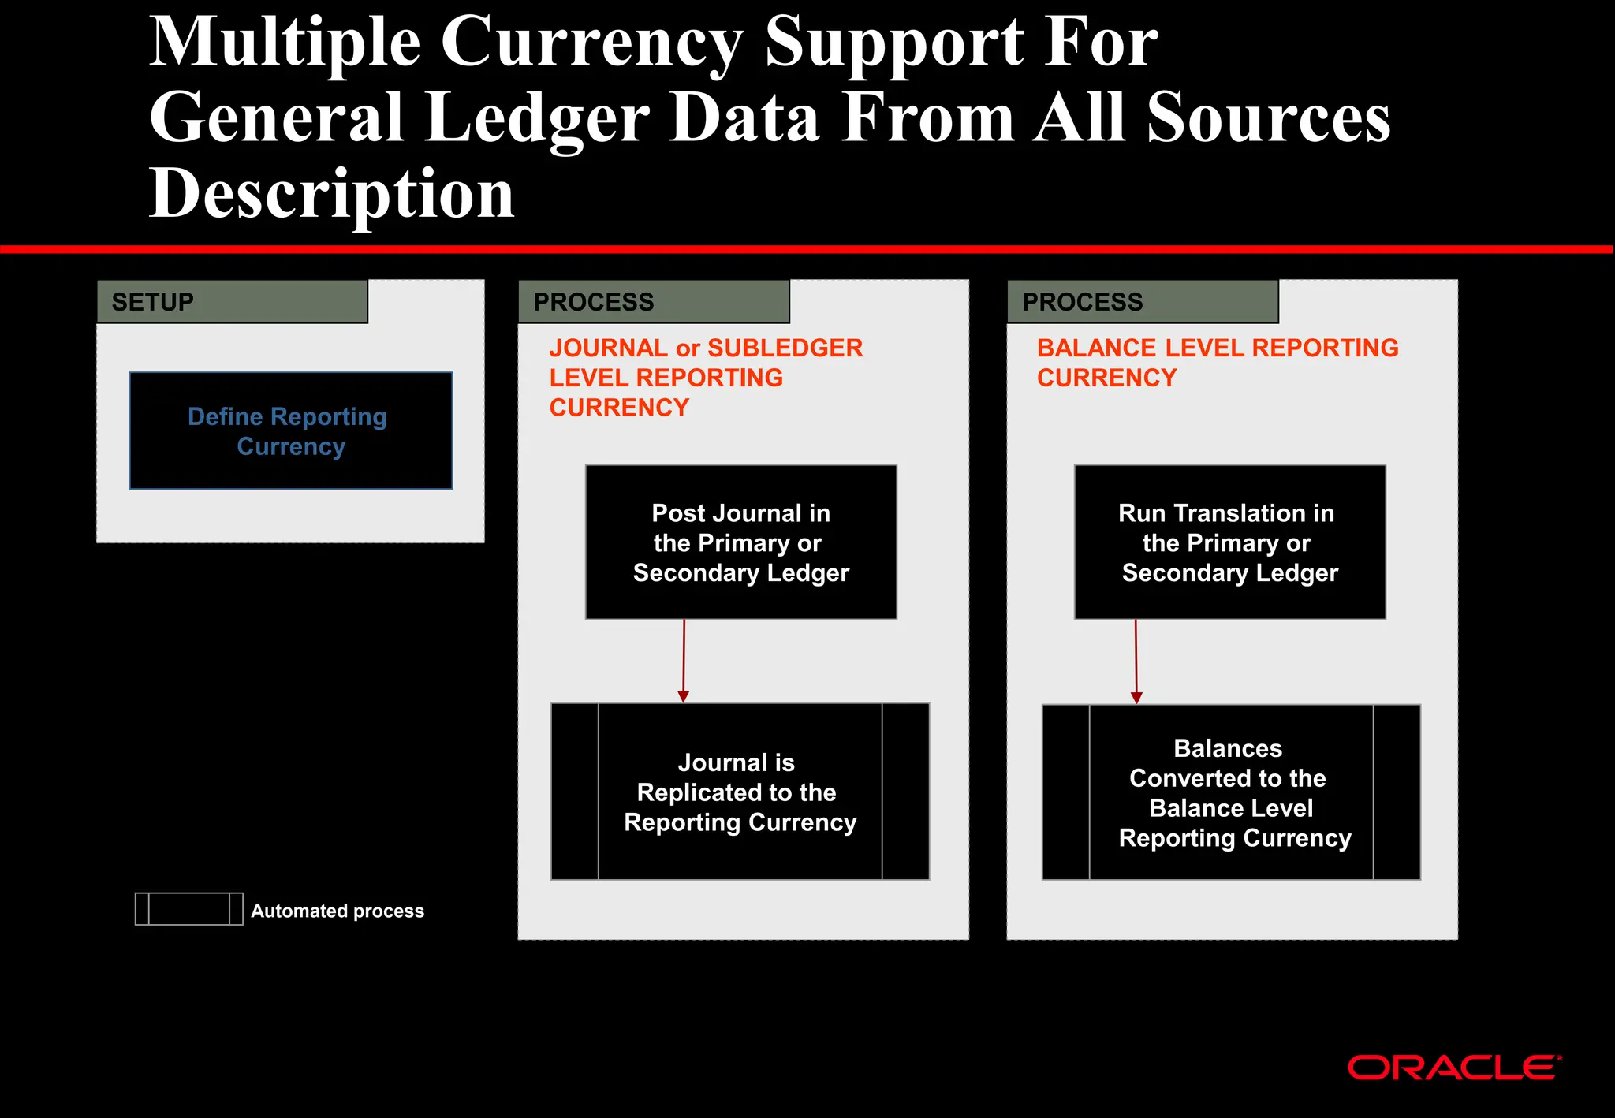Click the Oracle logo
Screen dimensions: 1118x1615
(x=1453, y=1068)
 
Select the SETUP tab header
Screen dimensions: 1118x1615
(x=232, y=302)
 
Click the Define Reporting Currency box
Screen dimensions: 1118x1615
(x=291, y=430)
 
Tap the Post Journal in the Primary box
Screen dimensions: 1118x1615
(x=740, y=542)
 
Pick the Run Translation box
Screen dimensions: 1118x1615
(x=1229, y=542)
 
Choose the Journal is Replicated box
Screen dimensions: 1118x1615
(x=740, y=792)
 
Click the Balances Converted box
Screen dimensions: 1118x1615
(x=1231, y=792)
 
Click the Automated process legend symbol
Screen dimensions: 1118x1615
(x=188, y=909)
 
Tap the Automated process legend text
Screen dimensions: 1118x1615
(x=338, y=911)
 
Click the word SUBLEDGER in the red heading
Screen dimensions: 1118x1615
(x=785, y=348)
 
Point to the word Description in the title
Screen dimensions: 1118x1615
(x=332, y=193)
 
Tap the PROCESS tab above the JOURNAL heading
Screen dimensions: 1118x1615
(x=653, y=302)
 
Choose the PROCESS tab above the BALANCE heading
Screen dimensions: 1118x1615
(x=1142, y=302)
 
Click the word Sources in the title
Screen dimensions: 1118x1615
(x=1268, y=118)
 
